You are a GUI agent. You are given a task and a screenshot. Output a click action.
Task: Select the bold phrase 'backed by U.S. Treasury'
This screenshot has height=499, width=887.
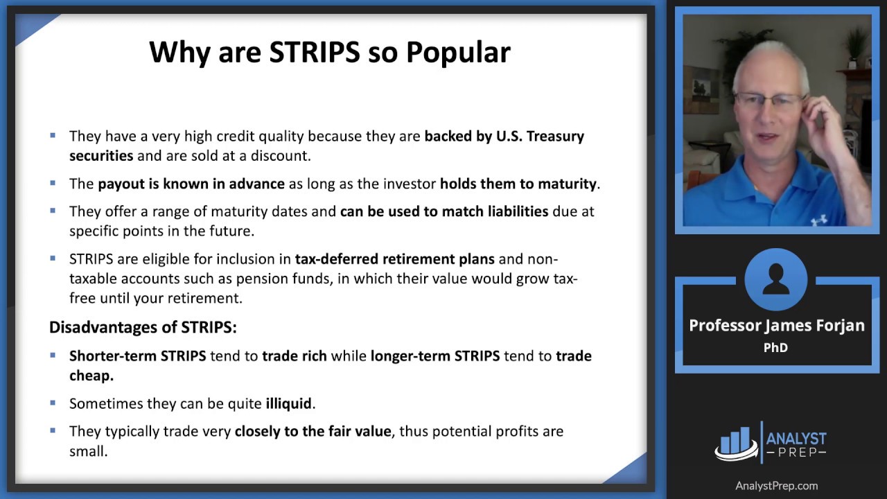[x=504, y=136]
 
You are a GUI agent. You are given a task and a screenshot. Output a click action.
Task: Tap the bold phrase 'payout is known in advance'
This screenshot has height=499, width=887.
[x=191, y=184]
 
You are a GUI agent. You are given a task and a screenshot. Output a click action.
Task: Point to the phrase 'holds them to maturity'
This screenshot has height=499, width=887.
[x=518, y=184]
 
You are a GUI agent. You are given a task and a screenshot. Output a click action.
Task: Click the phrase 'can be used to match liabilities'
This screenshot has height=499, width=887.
[x=443, y=211]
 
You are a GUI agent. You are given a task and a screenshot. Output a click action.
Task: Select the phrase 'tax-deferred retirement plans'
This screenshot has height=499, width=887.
[x=395, y=259]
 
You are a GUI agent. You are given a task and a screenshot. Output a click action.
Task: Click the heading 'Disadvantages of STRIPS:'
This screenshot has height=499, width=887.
[x=143, y=326]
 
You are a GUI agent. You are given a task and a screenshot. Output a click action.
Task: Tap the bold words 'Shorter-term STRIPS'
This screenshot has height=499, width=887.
[x=137, y=356]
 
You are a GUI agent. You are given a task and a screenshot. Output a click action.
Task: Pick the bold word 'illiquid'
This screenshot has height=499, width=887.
[x=289, y=403]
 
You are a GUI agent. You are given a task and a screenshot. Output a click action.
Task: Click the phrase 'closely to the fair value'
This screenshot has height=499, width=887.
[x=313, y=431]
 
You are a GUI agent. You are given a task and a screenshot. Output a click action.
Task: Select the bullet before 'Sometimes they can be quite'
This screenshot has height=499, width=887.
[x=53, y=403]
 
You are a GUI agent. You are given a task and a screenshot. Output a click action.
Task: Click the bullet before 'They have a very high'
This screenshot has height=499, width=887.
[x=53, y=136]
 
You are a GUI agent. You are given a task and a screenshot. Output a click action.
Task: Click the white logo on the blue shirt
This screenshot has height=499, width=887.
[x=818, y=220]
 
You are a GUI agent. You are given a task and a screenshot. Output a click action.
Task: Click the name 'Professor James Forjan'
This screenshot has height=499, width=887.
[x=776, y=325]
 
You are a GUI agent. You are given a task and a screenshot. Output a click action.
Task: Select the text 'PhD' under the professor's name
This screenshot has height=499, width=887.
[x=775, y=347]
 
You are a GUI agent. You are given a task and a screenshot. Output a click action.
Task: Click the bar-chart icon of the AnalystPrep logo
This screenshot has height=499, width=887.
[x=735, y=441]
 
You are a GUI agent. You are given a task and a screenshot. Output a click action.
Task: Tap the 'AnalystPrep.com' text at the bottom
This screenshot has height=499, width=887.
[x=776, y=486]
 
